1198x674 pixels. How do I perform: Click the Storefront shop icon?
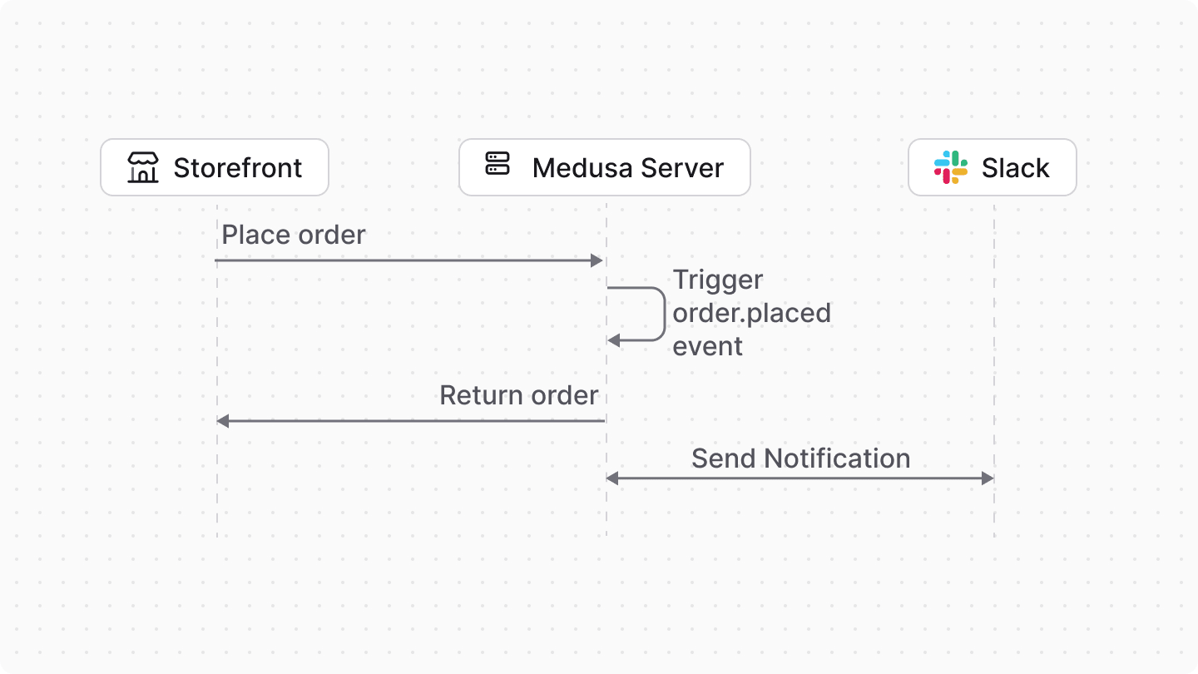[143, 167]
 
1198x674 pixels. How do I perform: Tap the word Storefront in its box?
[238, 168]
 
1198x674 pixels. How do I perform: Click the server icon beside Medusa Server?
[498, 164]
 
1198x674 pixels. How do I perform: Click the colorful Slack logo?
[950, 167]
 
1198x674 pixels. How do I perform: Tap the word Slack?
[1015, 168]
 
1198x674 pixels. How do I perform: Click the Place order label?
[294, 235]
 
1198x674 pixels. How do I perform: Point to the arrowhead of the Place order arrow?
[597, 260]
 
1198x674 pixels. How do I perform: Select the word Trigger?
[718, 280]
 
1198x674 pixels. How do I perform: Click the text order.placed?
[751, 313]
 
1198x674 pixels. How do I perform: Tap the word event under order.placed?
[707, 346]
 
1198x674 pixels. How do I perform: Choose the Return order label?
[518, 395]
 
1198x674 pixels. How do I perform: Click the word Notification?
[837, 458]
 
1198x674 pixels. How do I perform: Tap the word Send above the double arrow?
[724, 458]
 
